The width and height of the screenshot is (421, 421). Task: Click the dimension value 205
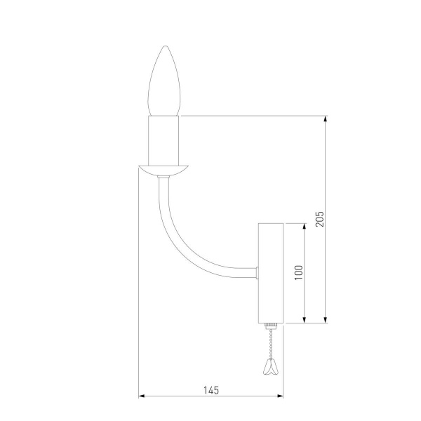pos(319,220)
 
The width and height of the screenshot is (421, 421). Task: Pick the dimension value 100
pos(298,273)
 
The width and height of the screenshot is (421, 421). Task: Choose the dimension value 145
pos(211,389)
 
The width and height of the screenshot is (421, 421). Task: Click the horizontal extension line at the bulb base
pos(253,115)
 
